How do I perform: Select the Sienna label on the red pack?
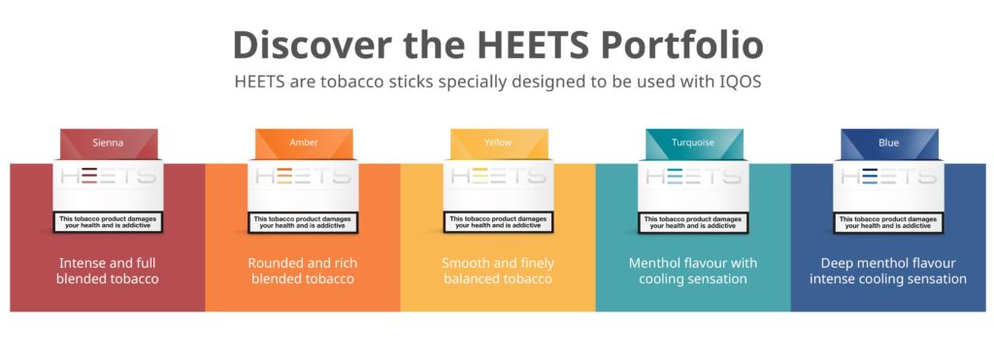pos(108,143)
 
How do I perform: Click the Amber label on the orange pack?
pos(304,143)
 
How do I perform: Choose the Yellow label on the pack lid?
pos(498,143)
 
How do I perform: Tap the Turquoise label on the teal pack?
pos(693,143)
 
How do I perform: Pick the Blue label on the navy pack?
pos(888,143)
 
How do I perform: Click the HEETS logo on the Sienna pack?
pos(108,177)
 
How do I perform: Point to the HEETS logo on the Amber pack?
pos(304,177)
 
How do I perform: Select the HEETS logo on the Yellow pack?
pos(498,177)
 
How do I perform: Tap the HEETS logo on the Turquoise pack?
pos(693,177)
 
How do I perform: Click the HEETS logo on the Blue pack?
pos(888,177)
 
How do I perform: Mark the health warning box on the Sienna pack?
pos(108,222)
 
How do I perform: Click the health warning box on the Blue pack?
pos(888,222)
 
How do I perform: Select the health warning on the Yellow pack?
pos(498,222)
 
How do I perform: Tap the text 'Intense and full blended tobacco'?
pos(108,271)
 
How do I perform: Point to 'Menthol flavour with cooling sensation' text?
pos(693,271)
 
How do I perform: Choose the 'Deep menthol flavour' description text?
pos(888,271)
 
